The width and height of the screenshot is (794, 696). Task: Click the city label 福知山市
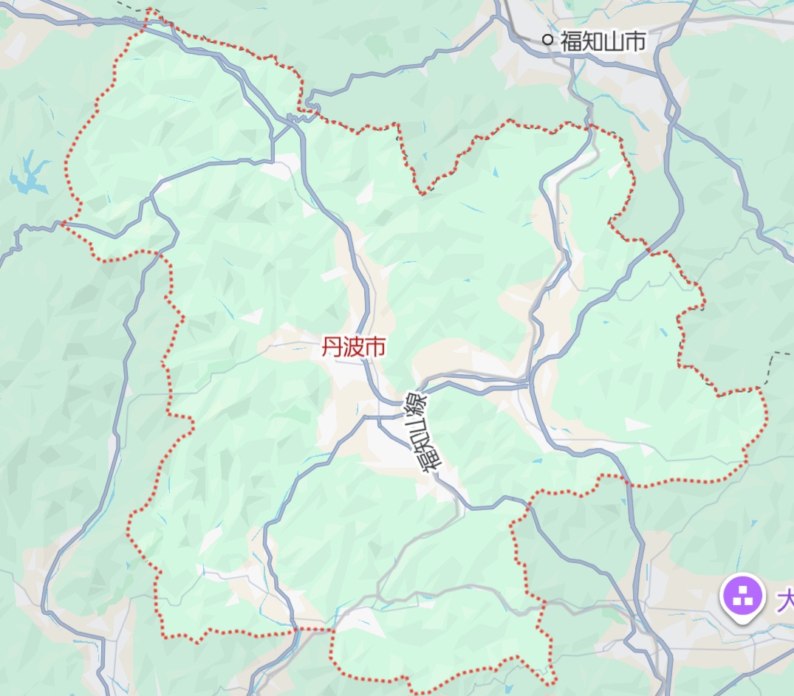[x=603, y=41]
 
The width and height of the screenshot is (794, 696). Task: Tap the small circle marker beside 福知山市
[x=547, y=40]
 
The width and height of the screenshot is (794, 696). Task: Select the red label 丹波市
[x=353, y=348]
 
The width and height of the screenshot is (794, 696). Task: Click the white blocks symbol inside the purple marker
[x=742, y=595]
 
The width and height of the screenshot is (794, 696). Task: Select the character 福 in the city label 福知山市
[x=571, y=41]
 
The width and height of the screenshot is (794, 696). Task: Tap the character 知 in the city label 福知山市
[x=592, y=41]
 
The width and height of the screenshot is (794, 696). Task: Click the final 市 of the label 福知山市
[x=635, y=41]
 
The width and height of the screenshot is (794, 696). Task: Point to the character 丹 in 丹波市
[x=332, y=348]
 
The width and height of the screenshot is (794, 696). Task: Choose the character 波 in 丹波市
[x=353, y=348]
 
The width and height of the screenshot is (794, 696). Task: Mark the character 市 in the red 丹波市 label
[x=374, y=348]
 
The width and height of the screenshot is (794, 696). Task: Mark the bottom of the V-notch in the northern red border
[x=422, y=194]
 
